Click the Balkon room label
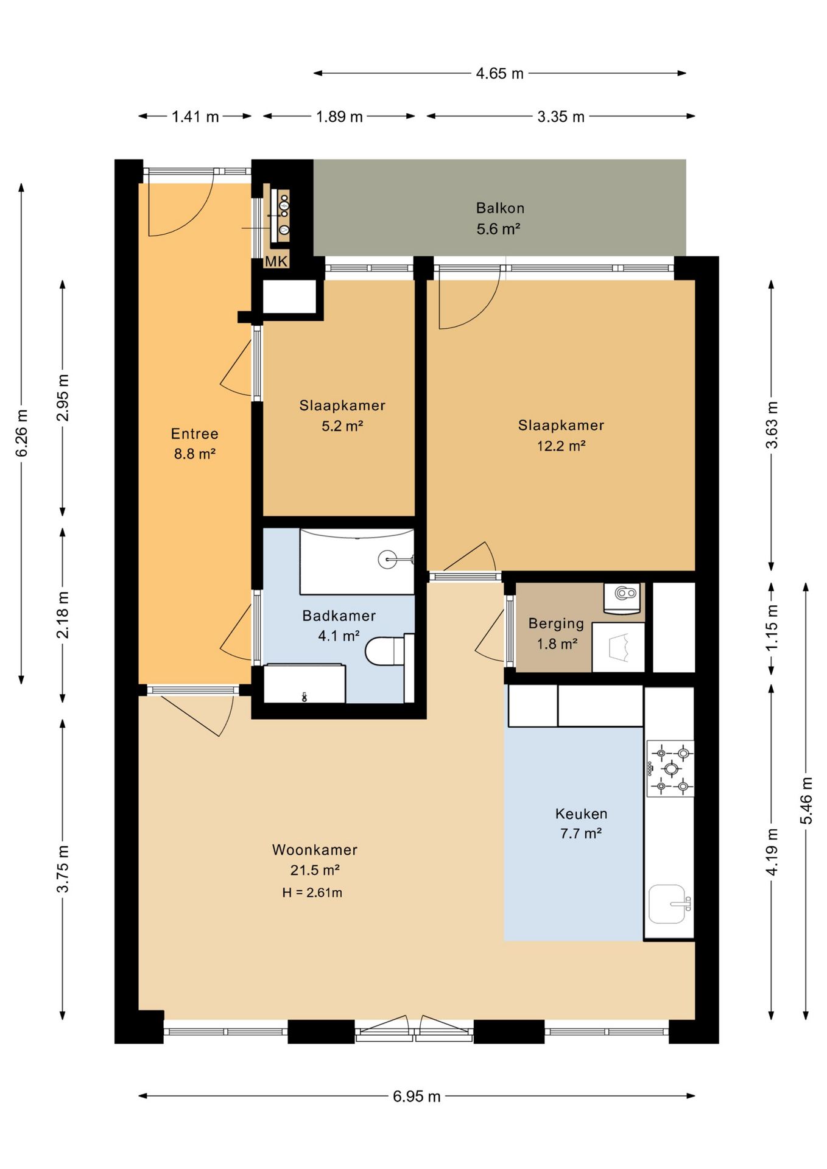(500, 208)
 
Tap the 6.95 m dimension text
(417, 1097)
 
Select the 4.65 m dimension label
(499, 74)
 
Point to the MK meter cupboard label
(276, 262)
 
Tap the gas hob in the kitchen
(670, 769)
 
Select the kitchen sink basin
(667, 904)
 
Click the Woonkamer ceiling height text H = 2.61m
(312, 893)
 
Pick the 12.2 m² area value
(561, 446)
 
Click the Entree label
(194, 434)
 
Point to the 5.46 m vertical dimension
(806, 801)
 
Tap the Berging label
(556, 623)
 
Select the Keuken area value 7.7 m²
(581, 834)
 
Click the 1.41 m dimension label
(195, 117)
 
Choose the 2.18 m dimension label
(63, 614)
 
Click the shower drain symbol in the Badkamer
(388, 559)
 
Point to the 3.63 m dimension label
(772, 425)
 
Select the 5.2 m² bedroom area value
(342, 426)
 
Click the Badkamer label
(339, 616)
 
